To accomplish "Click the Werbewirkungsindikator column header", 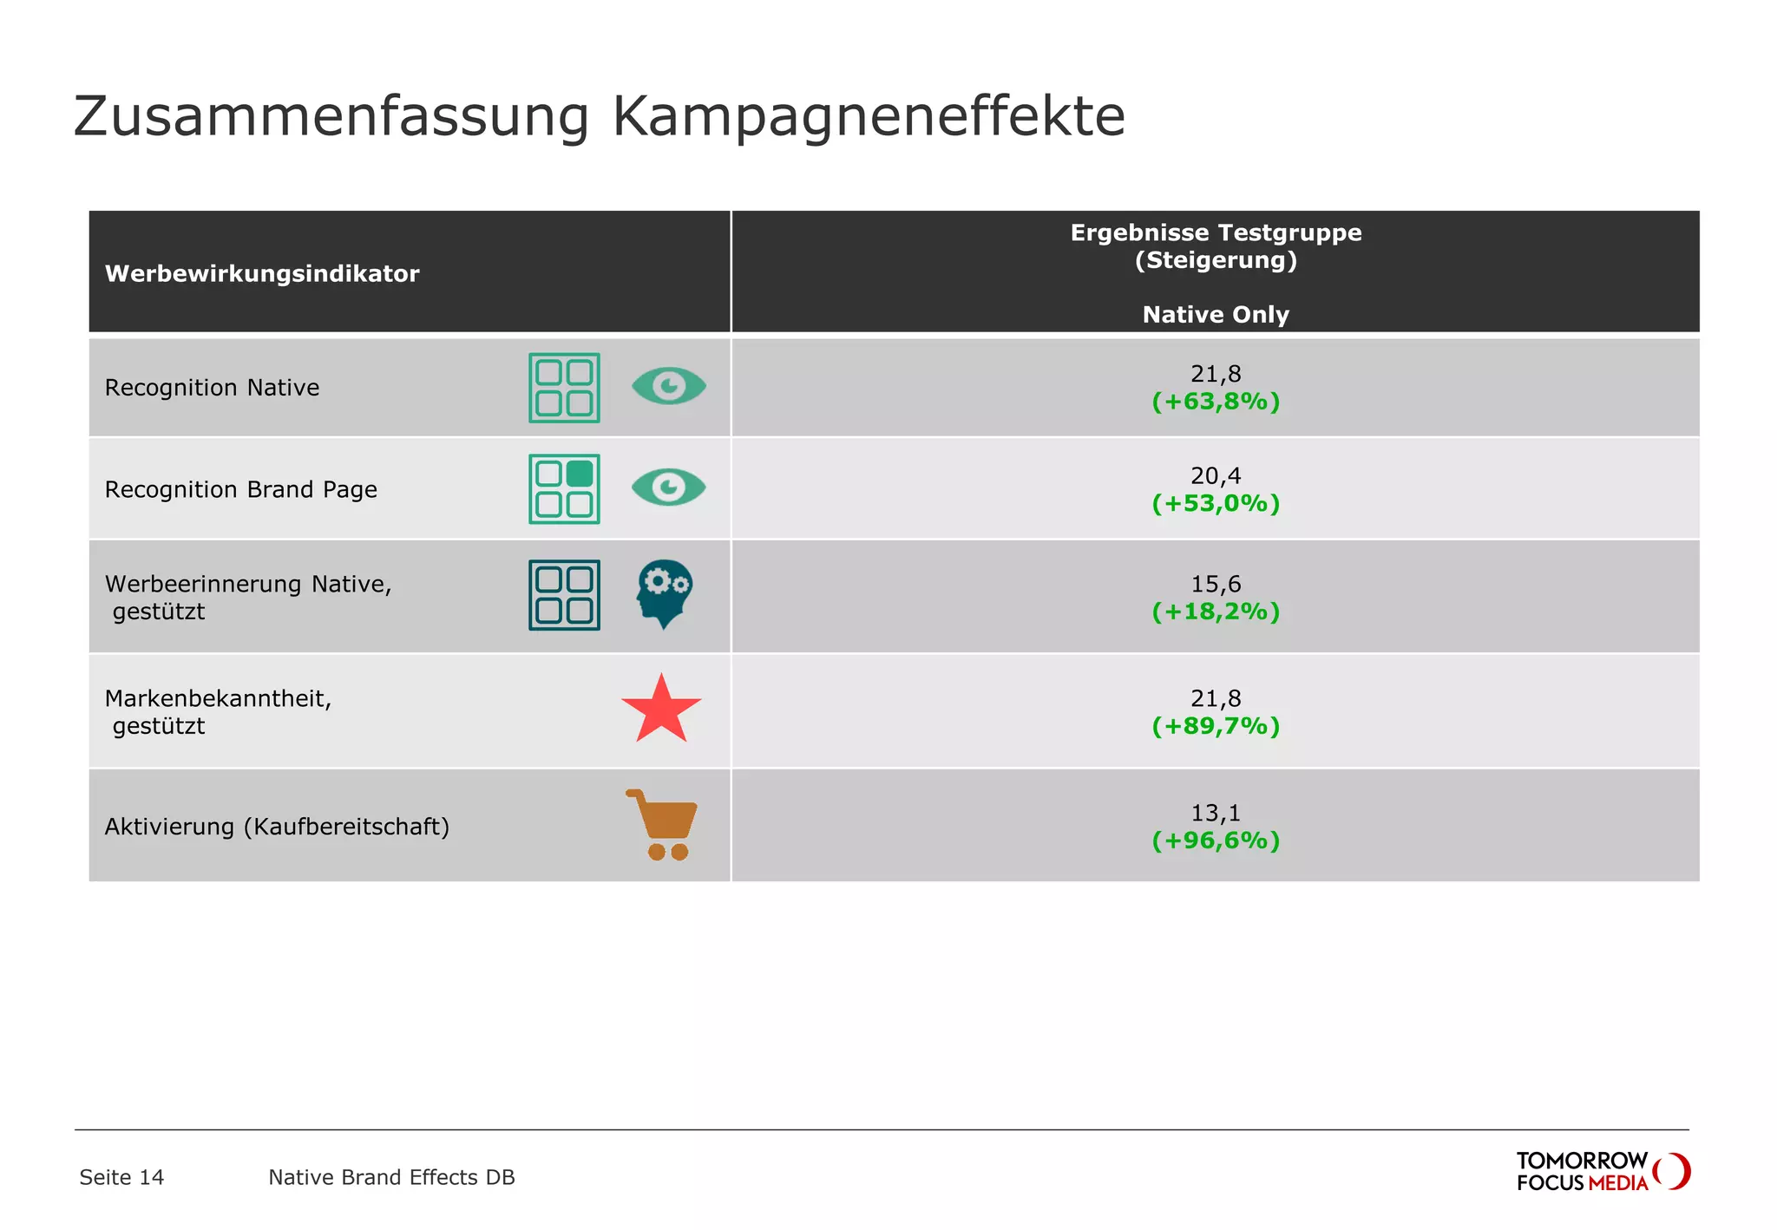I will [262, 274].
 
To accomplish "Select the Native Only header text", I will [1215, 315].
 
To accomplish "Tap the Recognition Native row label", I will [212, 388].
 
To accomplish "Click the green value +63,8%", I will [1215, 402].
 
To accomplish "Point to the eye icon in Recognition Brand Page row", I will [668, 487].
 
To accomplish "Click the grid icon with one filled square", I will [564, 489].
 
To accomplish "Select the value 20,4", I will [1215, 475].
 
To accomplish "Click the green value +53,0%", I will [1215, 504].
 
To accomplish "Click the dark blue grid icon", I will [564, 595].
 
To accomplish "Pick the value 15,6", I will [1215, 584].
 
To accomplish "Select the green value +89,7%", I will [1215, 726].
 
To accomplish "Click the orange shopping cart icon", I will [663, 825].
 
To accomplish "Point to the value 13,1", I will [1215, 813].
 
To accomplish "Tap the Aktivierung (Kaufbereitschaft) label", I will [277, 827].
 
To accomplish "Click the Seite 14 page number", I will [121, 1177].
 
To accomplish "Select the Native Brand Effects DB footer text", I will [391, 1177].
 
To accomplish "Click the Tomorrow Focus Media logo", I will [1602, 1171].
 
